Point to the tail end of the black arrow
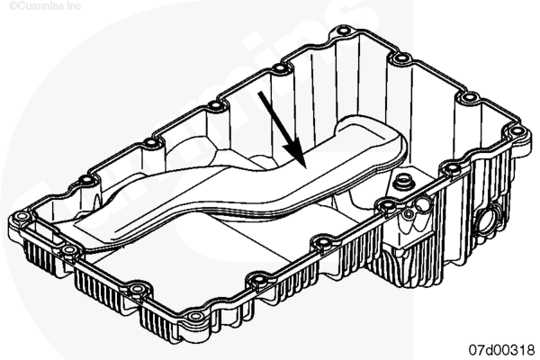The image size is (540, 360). click(260, 93)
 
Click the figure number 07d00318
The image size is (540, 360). click(502, 350)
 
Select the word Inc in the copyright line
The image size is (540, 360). click(75, 6)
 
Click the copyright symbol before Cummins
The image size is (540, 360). click(13, 6)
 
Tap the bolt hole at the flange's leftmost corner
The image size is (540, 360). click(22, 217)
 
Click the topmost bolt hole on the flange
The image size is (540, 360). click(342, 31)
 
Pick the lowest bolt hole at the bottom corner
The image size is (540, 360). click(195, 316)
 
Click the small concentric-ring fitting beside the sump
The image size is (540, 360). click(409, 213)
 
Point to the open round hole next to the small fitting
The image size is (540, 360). click(422, 205)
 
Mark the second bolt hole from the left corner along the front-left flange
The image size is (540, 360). click(69, 250)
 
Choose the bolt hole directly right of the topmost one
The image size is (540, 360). click(400, 58)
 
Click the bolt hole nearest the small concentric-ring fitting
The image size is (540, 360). click(387, 205)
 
